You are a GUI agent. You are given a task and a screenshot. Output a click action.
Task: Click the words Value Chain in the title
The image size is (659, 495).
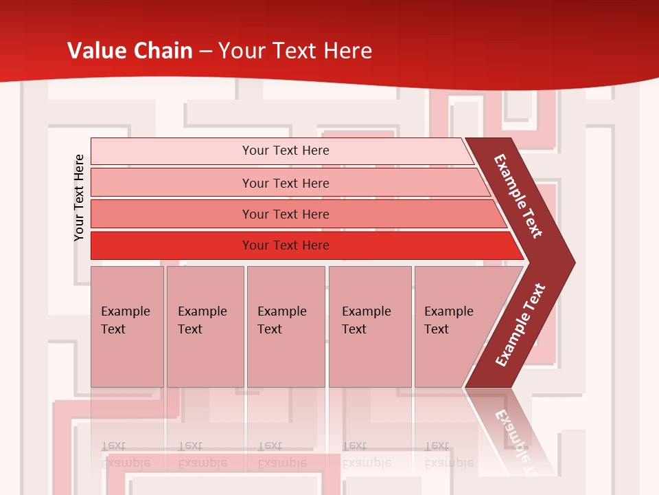click(x=130, y=51)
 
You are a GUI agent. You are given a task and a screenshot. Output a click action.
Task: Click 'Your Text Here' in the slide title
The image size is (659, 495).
click(x=295, y=51)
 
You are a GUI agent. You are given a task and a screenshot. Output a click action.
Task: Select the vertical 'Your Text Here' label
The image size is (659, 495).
click(x=79, y=197)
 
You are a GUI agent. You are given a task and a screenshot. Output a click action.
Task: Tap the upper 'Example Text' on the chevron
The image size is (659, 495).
click(x=518, y=196)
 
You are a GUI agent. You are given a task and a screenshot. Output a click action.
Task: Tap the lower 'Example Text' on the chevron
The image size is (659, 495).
click(x=520, y=325)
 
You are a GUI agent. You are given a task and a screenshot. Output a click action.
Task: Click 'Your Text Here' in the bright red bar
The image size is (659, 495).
click(x=286, y=245)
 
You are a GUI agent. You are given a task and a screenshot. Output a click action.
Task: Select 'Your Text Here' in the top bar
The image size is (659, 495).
click(x=286, y=151)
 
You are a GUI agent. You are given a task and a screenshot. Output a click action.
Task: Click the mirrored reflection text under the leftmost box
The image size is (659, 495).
click(x=125, y=454)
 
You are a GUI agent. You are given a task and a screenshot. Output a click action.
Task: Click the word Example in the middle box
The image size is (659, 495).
click(x=281, y=311)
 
